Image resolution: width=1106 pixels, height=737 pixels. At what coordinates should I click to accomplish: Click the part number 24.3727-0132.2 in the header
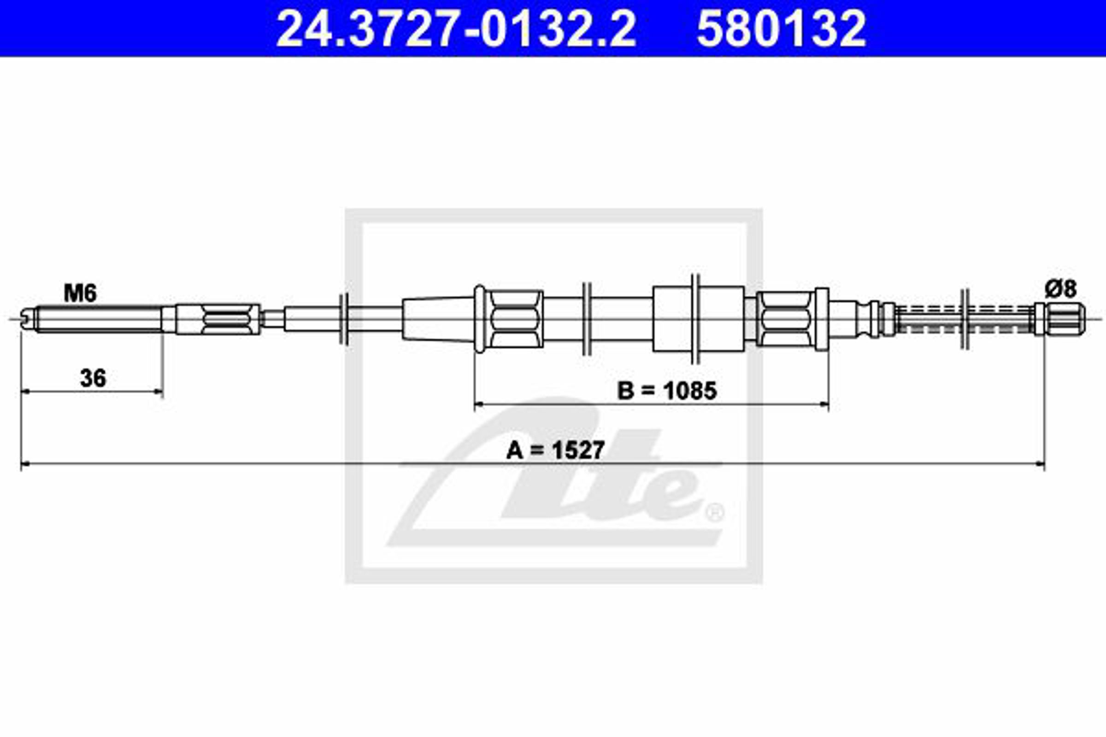(456, 29)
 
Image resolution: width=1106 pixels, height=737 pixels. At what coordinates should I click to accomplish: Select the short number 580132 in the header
(781, 29)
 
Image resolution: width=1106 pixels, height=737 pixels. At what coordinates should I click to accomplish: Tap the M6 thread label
(80, 293)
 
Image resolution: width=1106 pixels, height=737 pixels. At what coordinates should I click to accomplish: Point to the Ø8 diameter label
(1060, 288)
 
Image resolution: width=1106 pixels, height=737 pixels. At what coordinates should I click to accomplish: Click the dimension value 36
(93, 378)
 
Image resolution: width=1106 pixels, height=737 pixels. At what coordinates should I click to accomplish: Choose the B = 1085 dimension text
(667, 390)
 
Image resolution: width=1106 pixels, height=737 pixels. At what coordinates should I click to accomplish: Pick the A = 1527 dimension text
(555, 450)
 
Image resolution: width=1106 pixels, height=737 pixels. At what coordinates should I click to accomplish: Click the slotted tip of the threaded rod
(28, 319)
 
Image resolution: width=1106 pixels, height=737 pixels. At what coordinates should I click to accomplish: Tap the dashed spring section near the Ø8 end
(964, 319)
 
